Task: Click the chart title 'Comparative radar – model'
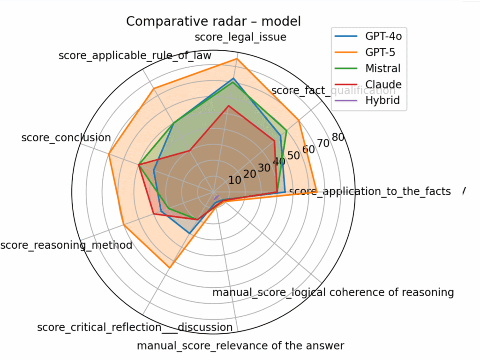(213, 22)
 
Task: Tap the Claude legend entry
(383, 84)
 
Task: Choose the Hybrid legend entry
(382, 100)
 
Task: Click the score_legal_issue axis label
(240, 37)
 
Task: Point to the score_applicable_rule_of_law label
(135, 56)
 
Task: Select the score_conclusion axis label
(66, 138)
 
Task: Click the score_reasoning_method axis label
(66, 245)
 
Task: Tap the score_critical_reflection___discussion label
(135, 327)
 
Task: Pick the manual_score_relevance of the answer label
(240, 346)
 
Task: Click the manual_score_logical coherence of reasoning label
(333, 292)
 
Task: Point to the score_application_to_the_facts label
(370, 191)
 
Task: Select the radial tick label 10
(235, 181)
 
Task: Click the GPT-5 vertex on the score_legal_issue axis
(237, 59)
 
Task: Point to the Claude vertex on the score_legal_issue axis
(228, 106)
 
